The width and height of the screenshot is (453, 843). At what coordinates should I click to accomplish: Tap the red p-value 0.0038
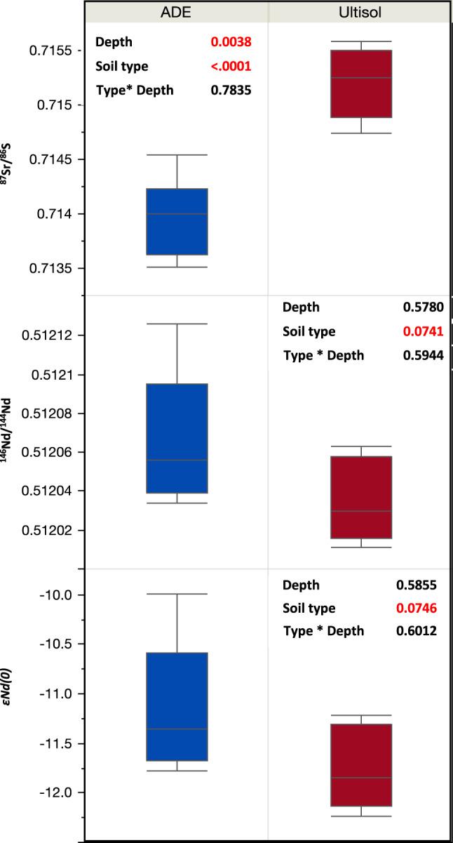click(231, 43)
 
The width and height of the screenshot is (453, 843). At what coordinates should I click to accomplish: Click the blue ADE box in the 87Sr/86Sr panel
click(177, 221)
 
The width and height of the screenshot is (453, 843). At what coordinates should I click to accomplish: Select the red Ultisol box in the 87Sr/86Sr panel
click(361, 84)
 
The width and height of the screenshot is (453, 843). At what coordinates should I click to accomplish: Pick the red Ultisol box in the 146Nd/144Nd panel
click(361, 497)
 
